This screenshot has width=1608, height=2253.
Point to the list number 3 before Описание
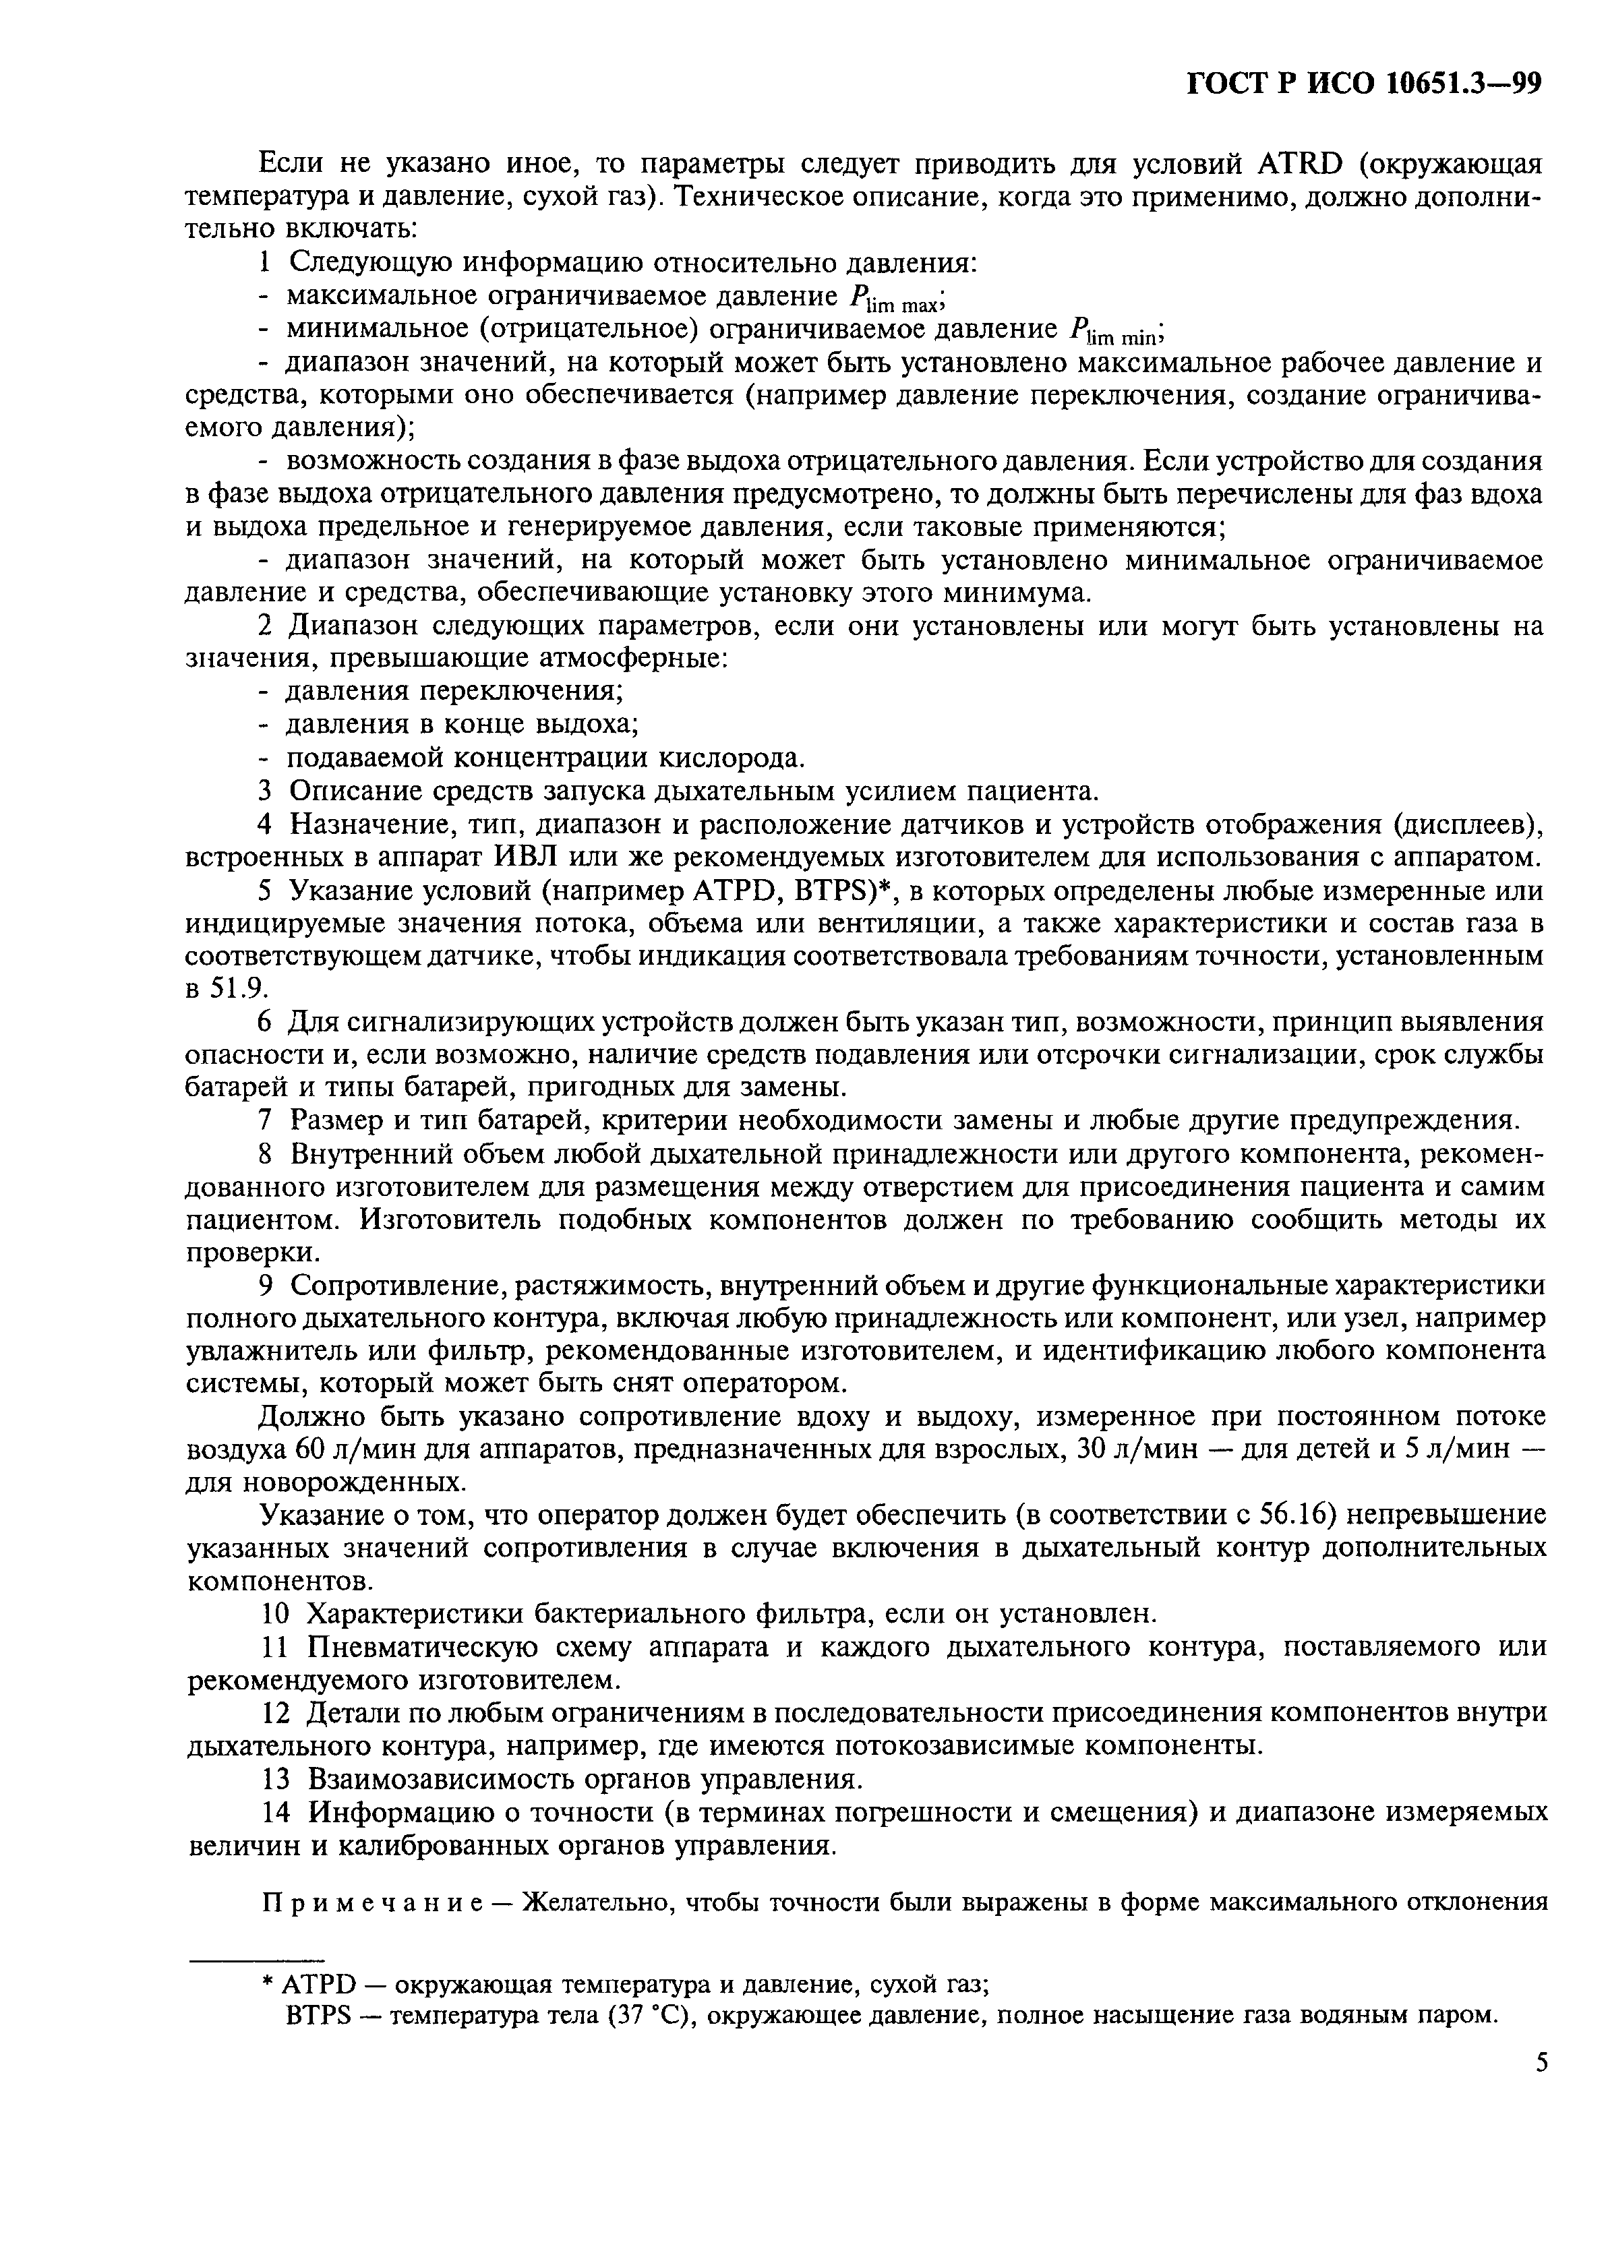pos(264,792)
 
